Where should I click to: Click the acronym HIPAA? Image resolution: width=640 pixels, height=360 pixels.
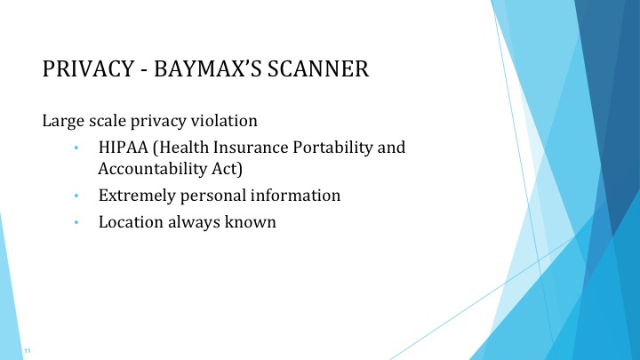coord(124,147)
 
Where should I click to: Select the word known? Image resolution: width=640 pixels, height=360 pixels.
coord(252,222)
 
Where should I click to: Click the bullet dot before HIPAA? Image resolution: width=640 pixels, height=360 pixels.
coord(77,148)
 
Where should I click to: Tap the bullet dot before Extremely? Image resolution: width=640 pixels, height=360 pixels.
coord(77,196)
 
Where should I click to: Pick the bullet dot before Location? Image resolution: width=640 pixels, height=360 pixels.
coord(77,223)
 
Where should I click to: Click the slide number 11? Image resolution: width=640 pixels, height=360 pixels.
coord(28,351)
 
